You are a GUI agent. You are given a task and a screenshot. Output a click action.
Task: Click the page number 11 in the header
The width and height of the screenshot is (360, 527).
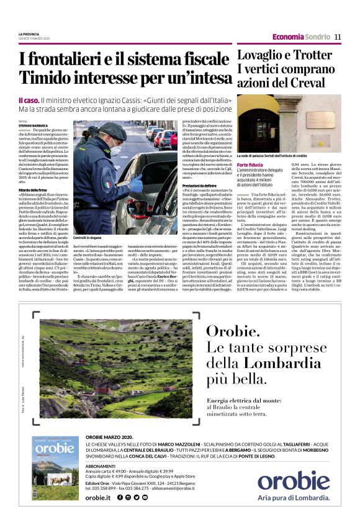(338, 37)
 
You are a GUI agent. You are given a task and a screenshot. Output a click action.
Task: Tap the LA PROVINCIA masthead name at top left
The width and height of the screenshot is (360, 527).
(29, 34)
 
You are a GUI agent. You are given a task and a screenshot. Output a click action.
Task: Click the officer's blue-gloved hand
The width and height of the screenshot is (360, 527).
(136, 186)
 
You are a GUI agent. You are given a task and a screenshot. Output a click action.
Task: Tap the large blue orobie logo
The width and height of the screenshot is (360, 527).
(294, 481)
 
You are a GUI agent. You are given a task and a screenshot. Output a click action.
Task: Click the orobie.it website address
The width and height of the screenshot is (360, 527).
(98, 497)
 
